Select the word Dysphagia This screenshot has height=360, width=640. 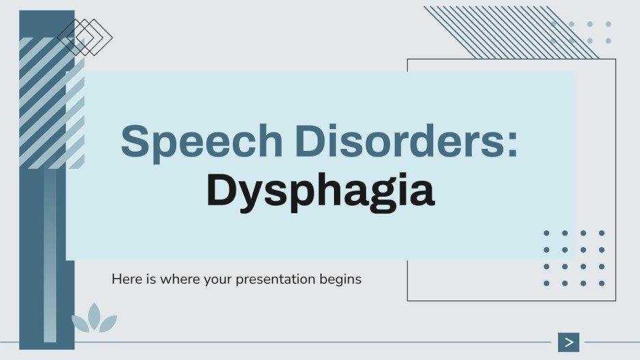pos(320,191)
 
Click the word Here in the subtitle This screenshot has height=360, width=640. pos(124,279)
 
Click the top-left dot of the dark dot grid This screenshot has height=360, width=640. pos(546,233)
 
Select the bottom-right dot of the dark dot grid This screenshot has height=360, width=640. pos(602,283)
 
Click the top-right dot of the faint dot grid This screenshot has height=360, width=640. pos(608,25)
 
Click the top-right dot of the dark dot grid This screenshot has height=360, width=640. pos(602,233)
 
